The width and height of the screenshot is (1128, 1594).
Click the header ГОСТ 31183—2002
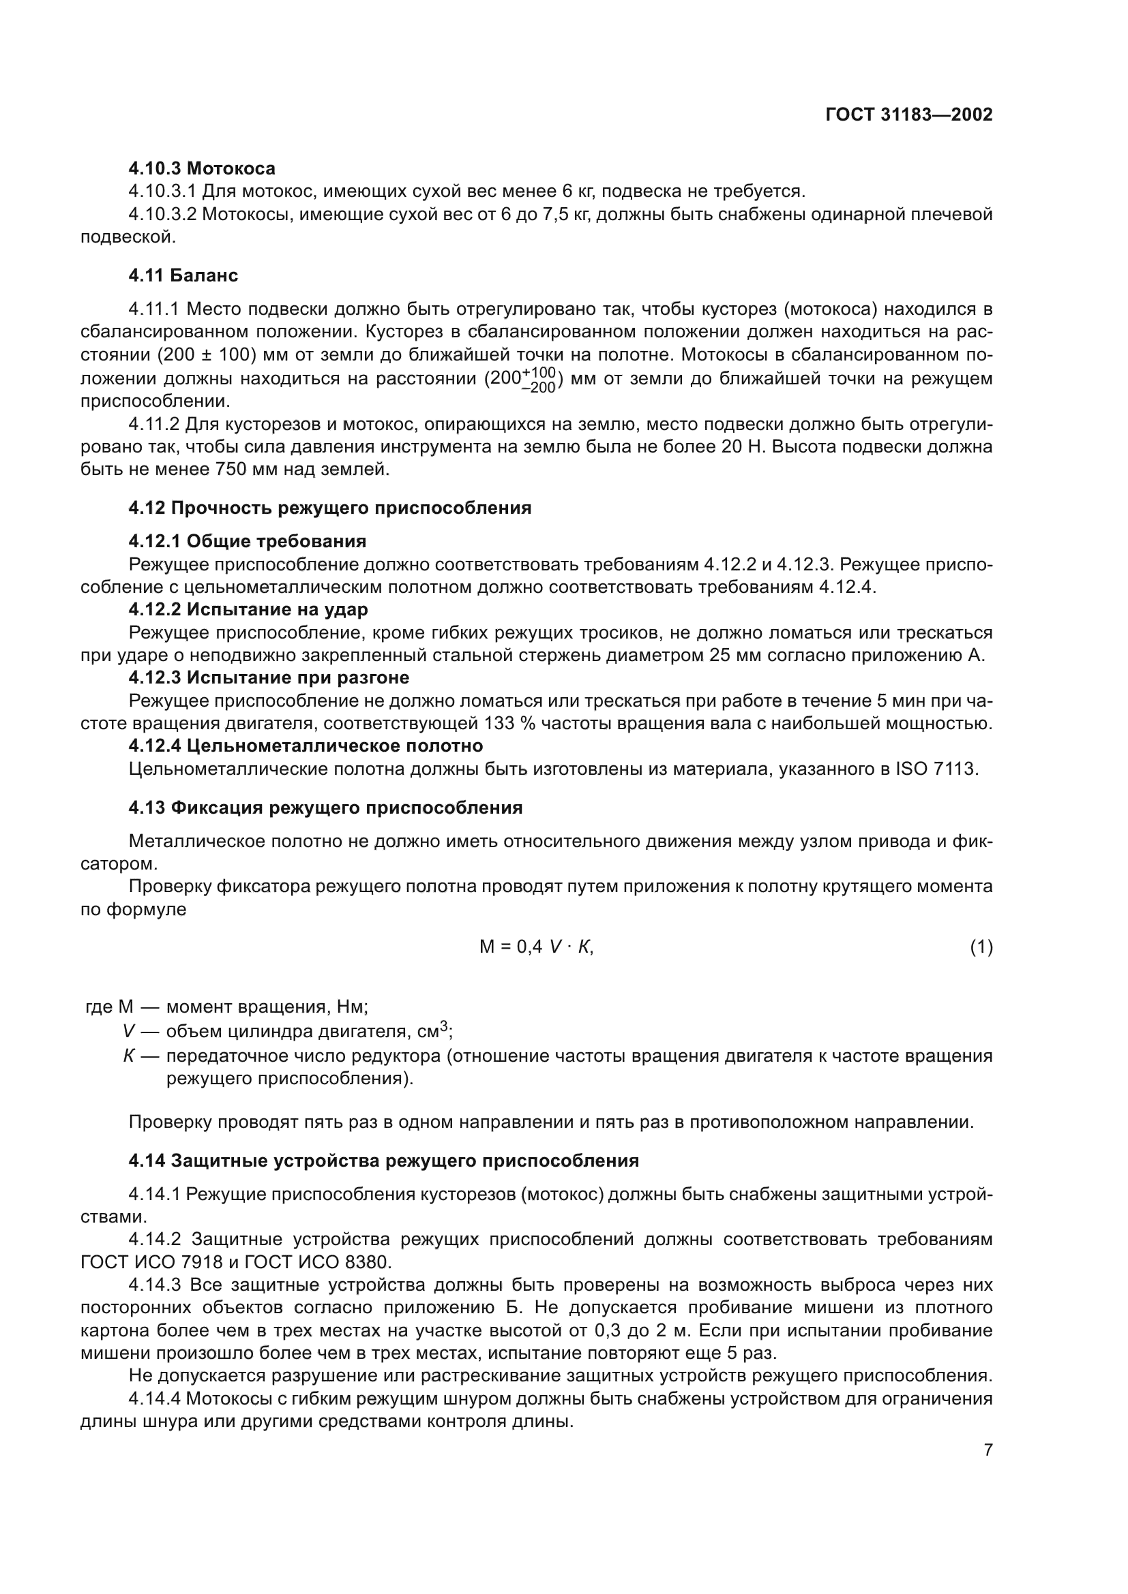[x=908, y=115]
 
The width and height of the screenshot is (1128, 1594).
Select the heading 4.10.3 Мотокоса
[x=201, y=169]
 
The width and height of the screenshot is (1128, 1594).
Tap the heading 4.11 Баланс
[x=183, y=275]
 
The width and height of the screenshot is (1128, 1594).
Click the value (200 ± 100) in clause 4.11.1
[x=207, y=355]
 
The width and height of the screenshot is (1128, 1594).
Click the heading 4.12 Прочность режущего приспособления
[x=329, y=508]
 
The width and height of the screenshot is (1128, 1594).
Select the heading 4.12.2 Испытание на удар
[x=248, y=609]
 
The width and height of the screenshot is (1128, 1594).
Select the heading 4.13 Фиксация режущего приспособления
[x=325, y=808]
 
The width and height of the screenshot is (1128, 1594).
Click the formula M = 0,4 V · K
[x=536, y=947]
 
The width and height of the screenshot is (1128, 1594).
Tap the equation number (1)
[x=981, y=947]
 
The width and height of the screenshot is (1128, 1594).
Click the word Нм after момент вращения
[x=352, y=1007]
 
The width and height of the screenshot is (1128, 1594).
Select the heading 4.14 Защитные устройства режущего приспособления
[x=383, y=1161]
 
